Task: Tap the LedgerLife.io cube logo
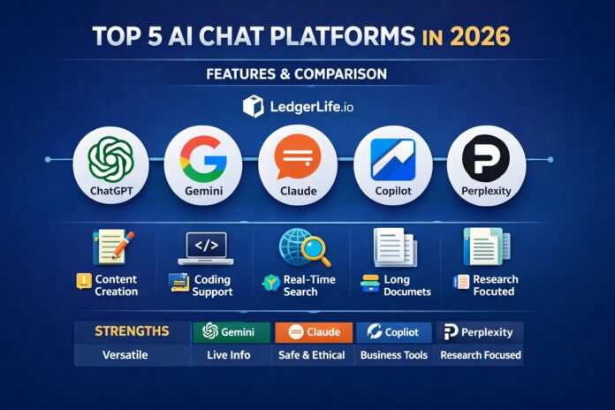[x=253, y=107]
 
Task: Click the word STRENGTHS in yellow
[x=132, y=331]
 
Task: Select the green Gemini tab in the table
[x=228, y=332]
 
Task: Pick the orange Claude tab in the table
[x=314, y=332]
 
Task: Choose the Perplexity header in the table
[x=478, y=332]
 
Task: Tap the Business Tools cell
[x=394, y=355]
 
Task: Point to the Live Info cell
[x=229, y=355]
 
